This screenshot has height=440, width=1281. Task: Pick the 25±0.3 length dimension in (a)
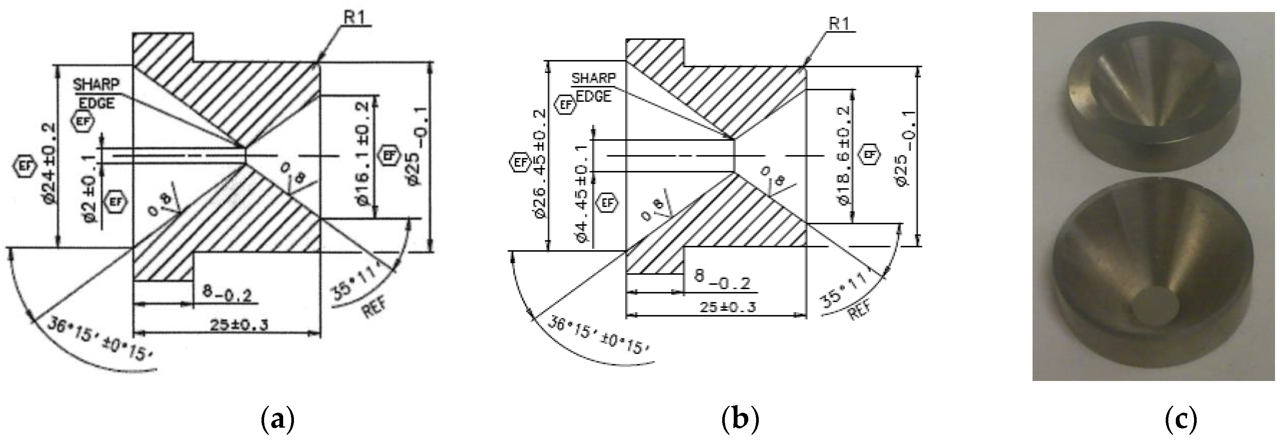point(239,325)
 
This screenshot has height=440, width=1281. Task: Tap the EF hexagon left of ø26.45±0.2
point(520,162)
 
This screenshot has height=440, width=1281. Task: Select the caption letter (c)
point(1181,419)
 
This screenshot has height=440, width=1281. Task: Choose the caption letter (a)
point(278,419)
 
